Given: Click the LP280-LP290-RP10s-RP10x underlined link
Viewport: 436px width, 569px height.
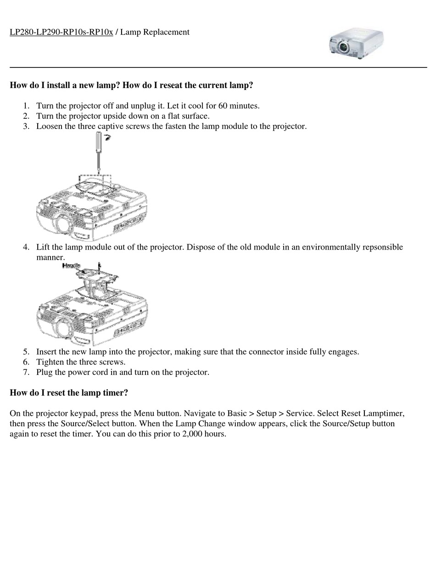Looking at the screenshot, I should (x=61, y=32).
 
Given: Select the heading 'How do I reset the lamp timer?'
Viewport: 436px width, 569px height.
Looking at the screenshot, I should (x=69, y=393).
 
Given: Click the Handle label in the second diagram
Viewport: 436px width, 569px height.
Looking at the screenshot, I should (x=71, y=266).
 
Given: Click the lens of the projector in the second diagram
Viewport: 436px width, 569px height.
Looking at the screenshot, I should (x=63, y=329).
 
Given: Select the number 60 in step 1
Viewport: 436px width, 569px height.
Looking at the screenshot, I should (x=223, y=106).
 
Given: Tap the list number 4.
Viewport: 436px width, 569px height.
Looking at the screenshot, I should (x=26, y=247).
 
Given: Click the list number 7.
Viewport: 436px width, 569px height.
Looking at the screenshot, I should (x=26, y=372).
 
